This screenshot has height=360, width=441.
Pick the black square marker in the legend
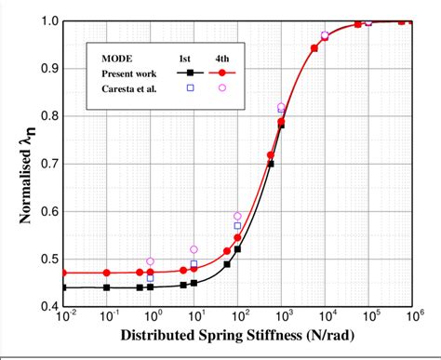pos(190,72)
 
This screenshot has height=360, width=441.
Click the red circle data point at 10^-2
pos(63,273)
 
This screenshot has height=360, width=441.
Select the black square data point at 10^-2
pos(63,287)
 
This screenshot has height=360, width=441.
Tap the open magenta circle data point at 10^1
pos(194,249)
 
